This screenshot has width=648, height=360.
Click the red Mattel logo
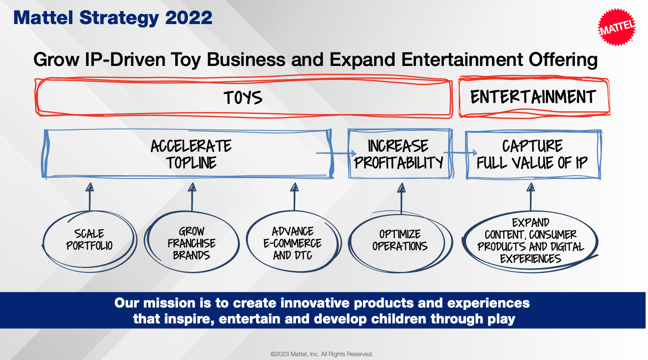[x=617, y=27]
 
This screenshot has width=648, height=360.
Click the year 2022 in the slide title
[x=189, y=18]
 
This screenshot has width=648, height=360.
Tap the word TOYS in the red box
[x=243, y=97]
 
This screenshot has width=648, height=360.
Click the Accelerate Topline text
[x=191, y=154]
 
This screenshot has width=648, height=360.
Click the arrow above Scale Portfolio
[x=90, y=197]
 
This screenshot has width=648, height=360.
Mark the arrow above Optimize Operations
[x=401, y=198]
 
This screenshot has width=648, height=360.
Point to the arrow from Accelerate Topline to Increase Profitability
[x=336, y=153]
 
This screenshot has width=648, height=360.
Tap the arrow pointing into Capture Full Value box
[x=460, y=153]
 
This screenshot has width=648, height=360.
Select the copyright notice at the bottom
[x=322, y=354]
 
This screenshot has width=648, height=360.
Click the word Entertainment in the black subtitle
[x=462, y=60]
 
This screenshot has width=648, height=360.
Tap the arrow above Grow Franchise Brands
[x=192, y=197]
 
